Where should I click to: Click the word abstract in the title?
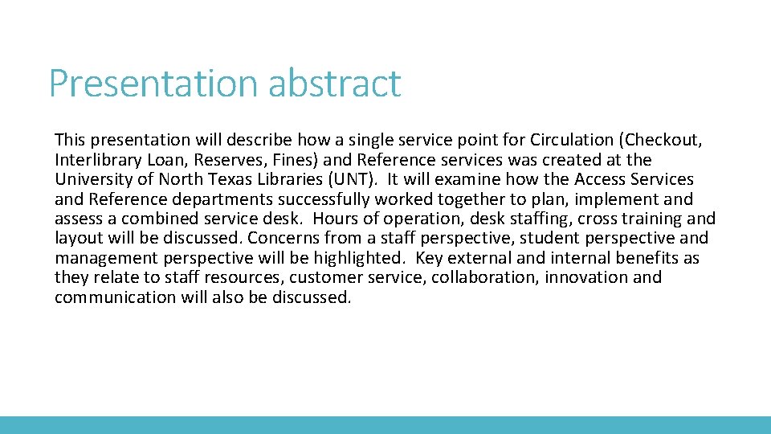coord(334,84)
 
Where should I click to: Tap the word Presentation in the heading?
coord(153,84)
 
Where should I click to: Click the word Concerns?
coord(284,238)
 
